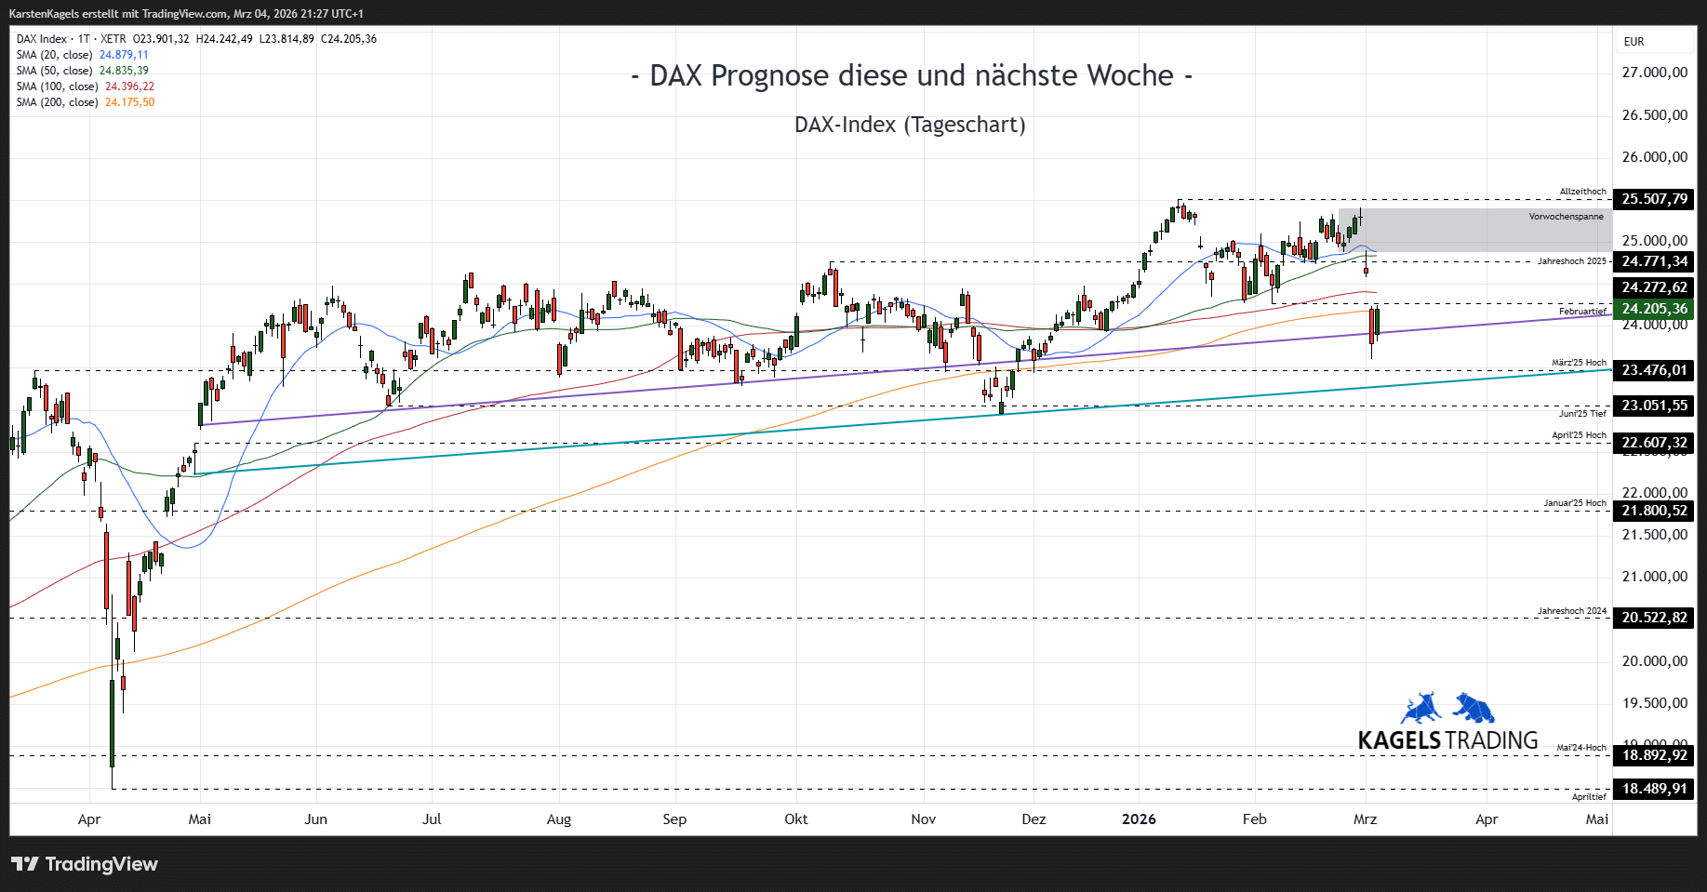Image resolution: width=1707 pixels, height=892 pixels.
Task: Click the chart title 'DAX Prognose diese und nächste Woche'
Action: point(911,76)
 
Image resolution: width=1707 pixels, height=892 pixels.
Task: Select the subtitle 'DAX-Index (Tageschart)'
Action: point(910,125)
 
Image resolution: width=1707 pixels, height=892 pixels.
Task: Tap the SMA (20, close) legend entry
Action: point(82,55)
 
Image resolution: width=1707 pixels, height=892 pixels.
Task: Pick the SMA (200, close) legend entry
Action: point(85,102)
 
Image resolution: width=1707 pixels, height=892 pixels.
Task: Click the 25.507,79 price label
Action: point(1654,199)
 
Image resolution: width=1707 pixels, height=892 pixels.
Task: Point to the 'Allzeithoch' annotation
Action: point(1582,192)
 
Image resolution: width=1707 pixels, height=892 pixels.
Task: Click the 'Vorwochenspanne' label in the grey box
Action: point(1566,217)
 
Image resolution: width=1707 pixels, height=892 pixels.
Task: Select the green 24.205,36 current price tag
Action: point(1654,309)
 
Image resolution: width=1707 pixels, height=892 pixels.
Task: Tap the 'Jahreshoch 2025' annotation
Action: point(1571,261)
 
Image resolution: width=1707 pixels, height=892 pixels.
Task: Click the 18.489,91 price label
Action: point(1654,789)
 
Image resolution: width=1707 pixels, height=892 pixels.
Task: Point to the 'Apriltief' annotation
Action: point(1589,797)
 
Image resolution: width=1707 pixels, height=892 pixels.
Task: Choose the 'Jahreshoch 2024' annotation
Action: point(1571,611)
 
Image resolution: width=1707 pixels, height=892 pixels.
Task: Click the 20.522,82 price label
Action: point(1654,618)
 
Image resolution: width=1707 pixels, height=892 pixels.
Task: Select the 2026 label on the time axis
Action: point(1139,819)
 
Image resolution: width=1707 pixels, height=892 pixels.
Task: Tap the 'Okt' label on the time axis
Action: point(796,819)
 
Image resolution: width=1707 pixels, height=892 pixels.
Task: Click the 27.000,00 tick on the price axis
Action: point(1654,73)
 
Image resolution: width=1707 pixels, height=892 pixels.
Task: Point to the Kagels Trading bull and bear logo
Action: point(1447,709)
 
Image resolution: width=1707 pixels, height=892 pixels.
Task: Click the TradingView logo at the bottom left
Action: point(85,864)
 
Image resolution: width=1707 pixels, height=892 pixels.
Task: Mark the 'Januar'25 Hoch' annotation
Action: point(1575,503)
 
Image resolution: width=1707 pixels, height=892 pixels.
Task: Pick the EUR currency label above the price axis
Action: point(1634,42)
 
